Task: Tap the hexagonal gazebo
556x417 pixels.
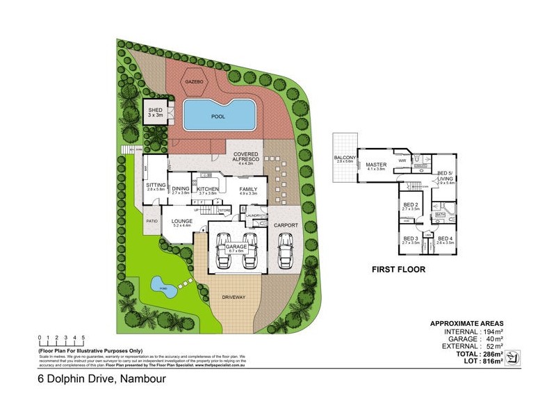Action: [x=194, y=81]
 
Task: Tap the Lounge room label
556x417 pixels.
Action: [x=181, y=222]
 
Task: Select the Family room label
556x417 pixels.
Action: [x=249, y=189]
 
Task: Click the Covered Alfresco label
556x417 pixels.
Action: [x=247, y=157]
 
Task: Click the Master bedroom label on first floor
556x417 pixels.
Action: [x=376, y=165]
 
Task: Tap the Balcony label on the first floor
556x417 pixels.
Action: [x=345, y=157]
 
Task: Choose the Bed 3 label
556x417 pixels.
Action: [x=411, y=240]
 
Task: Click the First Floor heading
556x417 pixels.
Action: [x=398, y=269]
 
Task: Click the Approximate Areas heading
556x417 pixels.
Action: [x=467, y=324]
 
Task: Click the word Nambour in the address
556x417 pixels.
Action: [x=148, y=380]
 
